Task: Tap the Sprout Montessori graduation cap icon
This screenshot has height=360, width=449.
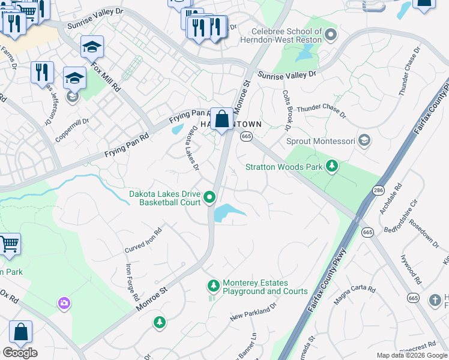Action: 363,140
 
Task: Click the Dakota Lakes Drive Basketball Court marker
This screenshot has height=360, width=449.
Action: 209,197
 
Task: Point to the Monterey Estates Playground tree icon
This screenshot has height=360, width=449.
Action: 212,284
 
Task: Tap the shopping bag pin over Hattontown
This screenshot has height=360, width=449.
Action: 221,119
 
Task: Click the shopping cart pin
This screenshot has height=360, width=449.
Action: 10,244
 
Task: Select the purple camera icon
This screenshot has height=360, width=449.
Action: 64,304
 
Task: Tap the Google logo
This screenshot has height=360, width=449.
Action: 20,353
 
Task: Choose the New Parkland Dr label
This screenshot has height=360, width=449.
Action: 253,310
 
